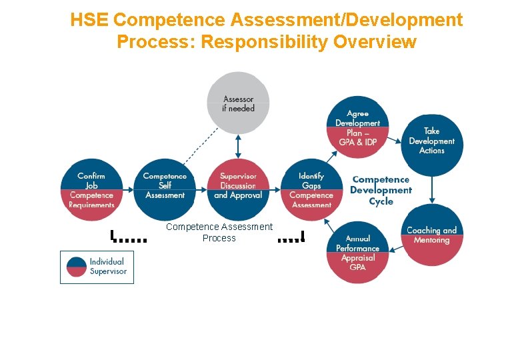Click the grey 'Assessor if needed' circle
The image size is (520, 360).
(238, 103)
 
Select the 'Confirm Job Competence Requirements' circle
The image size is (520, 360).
(91, 190)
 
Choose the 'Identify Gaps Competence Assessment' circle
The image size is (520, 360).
(311, 190)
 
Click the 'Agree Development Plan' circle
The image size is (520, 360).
(358, 128)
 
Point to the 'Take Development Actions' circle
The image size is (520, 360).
(432, 141)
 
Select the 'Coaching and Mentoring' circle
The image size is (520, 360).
(432, 235)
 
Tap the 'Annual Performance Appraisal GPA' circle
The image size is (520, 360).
(357, 252)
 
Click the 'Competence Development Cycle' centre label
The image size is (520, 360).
(381, 190)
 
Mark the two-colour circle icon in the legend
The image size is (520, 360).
(77, 267)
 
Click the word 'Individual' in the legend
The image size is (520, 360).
(107, 262)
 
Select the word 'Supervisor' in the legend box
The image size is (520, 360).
(108, 271)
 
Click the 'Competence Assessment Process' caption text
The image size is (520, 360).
(219, 232)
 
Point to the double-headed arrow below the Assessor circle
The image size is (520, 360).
(238, 145)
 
